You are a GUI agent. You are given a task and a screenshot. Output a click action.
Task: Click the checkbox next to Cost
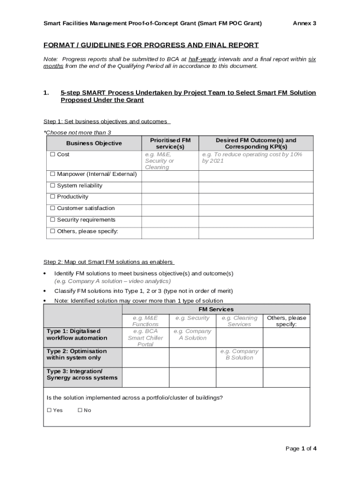point(53,154)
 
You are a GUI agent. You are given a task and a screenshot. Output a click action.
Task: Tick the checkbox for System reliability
point(53,186)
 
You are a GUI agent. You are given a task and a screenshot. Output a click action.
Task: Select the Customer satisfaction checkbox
point(53,208)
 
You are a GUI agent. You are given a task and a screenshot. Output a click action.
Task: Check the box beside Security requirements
point(53,220)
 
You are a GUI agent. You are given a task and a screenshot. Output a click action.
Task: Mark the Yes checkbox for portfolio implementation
point(50,410)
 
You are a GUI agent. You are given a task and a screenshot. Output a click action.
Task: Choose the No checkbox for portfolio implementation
point(80,410)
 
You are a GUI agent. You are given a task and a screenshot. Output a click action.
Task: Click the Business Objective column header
point(94,143)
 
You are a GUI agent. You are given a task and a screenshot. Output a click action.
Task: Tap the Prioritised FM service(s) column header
point(170,143)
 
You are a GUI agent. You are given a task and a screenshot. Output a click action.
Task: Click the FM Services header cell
point(216,309)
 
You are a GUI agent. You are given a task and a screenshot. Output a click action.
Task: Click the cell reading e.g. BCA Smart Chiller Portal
point(145,338)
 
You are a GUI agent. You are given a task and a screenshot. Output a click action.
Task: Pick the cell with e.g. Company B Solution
point(239,354)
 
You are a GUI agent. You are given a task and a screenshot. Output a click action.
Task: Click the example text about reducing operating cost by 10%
point(252,158)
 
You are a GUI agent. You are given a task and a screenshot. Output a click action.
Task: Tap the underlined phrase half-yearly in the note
point(202,59)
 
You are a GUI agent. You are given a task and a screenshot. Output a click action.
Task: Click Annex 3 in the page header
point(304,23)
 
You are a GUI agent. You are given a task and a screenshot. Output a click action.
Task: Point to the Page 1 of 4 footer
point(301,449)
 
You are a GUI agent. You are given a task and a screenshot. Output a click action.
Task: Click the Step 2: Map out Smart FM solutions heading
point(108,262)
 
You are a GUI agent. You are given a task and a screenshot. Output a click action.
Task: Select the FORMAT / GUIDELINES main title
point(151,45)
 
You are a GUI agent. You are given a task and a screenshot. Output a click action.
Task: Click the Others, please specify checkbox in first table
point(53,231)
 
